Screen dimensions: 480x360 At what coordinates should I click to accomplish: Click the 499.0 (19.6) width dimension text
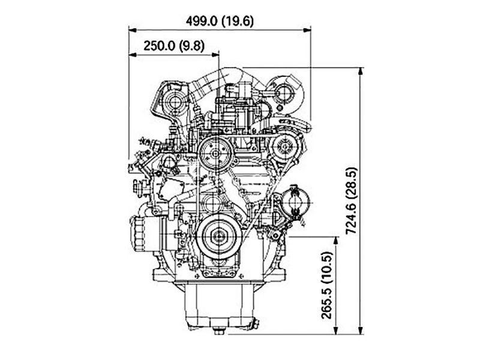click(x=220, y=21)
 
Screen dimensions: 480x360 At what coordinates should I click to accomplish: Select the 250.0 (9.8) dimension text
click(x=174, y=46)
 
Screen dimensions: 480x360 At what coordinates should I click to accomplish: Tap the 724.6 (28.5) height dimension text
click(x=351, y=201)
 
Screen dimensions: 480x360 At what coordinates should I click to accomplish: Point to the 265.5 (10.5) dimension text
click(x=326, y=286)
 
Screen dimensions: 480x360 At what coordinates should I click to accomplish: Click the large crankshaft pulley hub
click(x=219, y=236)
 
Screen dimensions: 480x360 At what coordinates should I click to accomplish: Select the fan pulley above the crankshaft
click(x=216, y=154)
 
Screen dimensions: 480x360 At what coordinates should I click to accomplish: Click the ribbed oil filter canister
click(x=140, y=233)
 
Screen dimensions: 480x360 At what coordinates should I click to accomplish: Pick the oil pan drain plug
click(x=219, y=331)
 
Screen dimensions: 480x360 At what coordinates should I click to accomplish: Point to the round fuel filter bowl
click(x=294, y=203)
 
